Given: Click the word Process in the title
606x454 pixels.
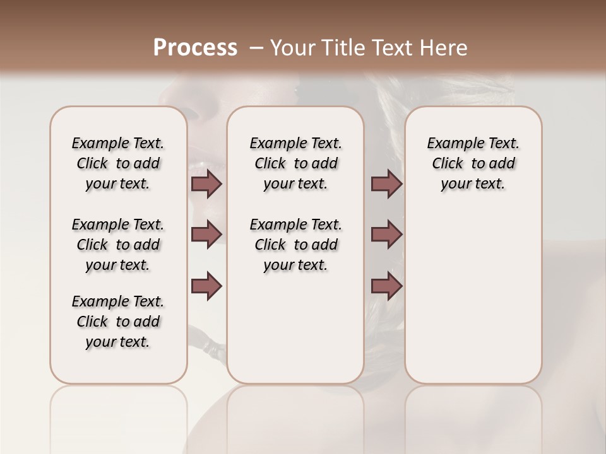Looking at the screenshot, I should [x=194, y=48].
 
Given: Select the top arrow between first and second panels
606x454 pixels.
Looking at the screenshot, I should [x=206, y=184].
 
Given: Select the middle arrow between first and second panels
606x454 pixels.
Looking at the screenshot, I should [x=206, y=235].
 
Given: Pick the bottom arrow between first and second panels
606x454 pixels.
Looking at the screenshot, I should [x=206, y=286].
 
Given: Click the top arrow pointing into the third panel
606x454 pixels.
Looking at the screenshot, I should [x=386, y=184].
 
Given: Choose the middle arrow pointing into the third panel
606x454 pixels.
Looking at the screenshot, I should [x=386, y=235].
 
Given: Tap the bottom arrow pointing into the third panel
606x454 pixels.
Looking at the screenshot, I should [x=386, y=286].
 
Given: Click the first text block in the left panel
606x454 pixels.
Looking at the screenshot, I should [x=118, y=164].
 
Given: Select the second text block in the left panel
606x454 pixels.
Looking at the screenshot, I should [x=118, y=245].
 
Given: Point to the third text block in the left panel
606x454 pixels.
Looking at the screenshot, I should [x=118, y=322].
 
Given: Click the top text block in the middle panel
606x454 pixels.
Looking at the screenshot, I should [x=295, y=164].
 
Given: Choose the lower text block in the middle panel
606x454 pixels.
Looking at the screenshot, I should [x=295, y=245].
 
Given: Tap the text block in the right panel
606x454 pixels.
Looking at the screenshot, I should [x=473, y=164].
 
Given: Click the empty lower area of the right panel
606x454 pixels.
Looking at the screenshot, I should [x=473, y=296].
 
